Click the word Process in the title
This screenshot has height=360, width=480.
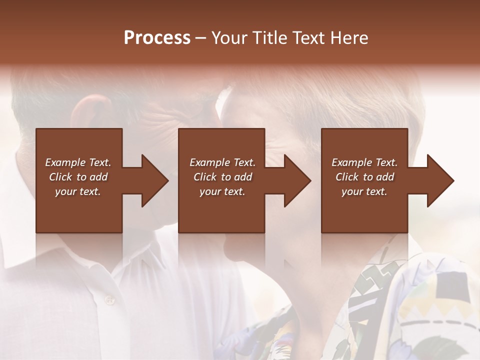click(x=157, y=38)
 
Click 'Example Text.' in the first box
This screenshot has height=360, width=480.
click(x=78, y=162)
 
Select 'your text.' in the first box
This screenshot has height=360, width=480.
click(x=78, y=191)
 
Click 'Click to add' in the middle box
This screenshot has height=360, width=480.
click(x=222, y=177)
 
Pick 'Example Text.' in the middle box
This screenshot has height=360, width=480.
click(x=222, y=162)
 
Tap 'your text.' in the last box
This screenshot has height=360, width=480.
click(x=364, y=191)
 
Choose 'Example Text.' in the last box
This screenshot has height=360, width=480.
click(x=364, y=162)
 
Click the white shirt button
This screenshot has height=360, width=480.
click(x=109, y=299)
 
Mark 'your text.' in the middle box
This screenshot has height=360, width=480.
click(x=222, y=191)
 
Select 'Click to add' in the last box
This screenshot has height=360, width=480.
click(x=364, y=177)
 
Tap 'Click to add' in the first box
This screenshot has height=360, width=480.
click(x=78, y=177)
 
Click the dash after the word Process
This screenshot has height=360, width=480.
click(x=200, y=38)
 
